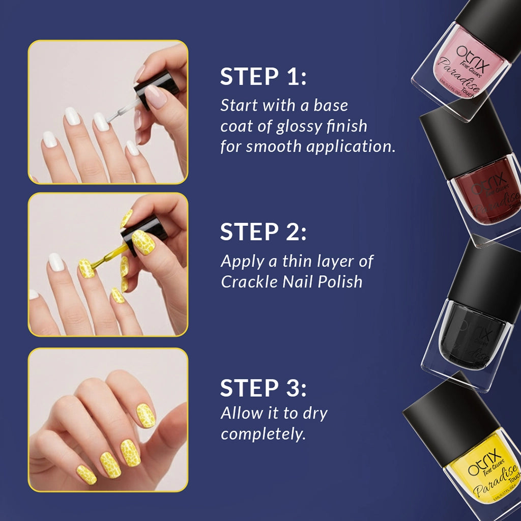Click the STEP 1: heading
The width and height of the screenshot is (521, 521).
coord(263,77)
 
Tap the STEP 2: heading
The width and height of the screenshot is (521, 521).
coord(263,232)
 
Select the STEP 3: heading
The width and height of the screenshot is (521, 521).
coord(263,388)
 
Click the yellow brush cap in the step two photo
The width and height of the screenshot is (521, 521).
coord(145,231)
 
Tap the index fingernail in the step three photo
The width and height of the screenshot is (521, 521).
coord(146,415)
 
